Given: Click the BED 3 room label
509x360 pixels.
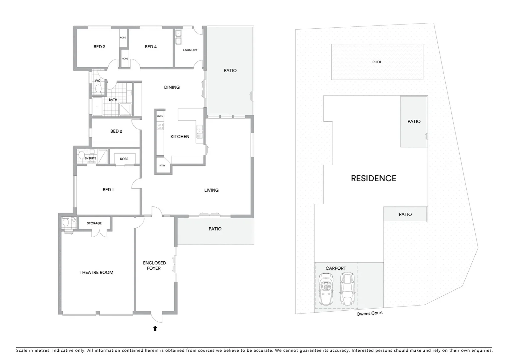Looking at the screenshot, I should (99, 47).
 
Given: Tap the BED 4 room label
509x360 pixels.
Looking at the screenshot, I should (151, 47).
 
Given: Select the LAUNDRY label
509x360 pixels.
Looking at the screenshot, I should (190, 50).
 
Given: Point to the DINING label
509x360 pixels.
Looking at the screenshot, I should (172, 87).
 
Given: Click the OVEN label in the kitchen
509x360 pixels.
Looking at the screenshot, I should (160, 116).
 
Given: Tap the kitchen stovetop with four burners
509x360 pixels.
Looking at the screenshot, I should (160, 126).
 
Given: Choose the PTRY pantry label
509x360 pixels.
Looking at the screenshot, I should (162, 166).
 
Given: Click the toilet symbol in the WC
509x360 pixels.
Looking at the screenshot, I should (98, 89).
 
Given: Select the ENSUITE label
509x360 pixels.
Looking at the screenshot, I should (90, 159).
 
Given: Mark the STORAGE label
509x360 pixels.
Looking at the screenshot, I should (94, 223).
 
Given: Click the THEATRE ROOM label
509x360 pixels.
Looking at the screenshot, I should (96, 273).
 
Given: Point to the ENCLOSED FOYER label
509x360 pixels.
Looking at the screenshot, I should (154, 266).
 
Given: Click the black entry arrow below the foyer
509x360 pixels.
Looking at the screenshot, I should (155, 328).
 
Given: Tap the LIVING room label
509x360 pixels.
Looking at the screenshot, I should (211, 190).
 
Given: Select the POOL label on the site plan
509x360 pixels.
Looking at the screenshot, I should (377, 62).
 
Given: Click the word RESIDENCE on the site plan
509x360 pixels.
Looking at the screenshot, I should (373, 178).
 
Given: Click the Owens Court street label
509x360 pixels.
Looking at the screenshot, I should (369, 314).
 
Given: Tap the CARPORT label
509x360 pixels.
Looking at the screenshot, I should (336, 268).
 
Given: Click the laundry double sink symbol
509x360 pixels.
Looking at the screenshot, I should (179, 37).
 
